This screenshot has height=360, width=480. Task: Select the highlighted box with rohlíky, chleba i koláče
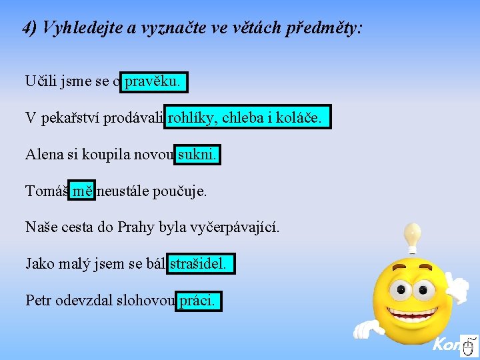pyautogui.click(x=247, y=119)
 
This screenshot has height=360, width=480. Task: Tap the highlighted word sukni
pyautogui.click(x=198, y=155)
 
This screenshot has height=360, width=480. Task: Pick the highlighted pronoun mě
pyautogui.click(x=83, y=191)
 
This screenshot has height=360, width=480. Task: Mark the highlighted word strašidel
pyautogui.click(x=202, y=264)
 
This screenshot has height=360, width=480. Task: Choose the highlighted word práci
pyautogui.click(x=198, y=301)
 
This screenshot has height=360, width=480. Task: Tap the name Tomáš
pyautogui.click(x=46, y=191)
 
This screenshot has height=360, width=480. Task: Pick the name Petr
pyautogui.click(x=39, y=301)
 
